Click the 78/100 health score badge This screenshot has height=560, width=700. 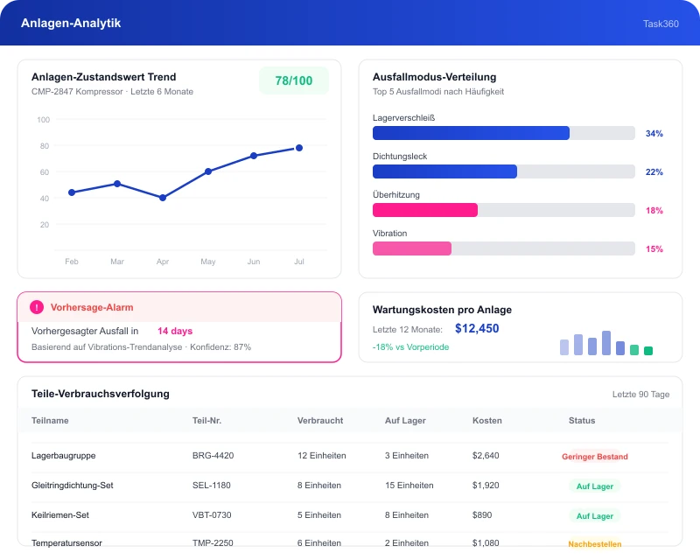click(x=294, y=80)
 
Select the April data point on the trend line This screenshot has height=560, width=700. click(x=163, y=198)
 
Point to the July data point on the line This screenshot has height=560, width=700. click(x=299, y=148)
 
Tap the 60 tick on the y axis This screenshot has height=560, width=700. click(x=45, y=171)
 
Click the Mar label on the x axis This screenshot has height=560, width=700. click(x=117, y=262)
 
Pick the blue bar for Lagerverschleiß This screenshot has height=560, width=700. click(x=471, y=133)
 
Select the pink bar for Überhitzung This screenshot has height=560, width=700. click(x=425, y=210)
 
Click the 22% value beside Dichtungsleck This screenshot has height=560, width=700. click(x=654, y=171)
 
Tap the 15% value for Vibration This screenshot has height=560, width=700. click(x=654, y=248)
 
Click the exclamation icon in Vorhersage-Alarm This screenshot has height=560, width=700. click(x=37, y=307)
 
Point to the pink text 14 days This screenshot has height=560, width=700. click(x=175, y=331)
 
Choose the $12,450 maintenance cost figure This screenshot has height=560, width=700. click(x=477, y=329)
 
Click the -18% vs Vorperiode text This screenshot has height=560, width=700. click(x=410, y=347)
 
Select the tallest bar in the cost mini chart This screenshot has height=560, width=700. click(x=605, y=343)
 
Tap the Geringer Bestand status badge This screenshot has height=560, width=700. click(x=595, y=457)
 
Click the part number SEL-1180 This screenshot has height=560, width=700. click(x=212, y=486)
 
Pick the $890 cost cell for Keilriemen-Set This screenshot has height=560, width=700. click(x=482, y=514)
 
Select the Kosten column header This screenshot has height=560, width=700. click(x=487, y=421)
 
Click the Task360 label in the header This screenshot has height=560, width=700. click(x=661, y=24)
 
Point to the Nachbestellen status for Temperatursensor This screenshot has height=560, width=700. click(x=595, y=544)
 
